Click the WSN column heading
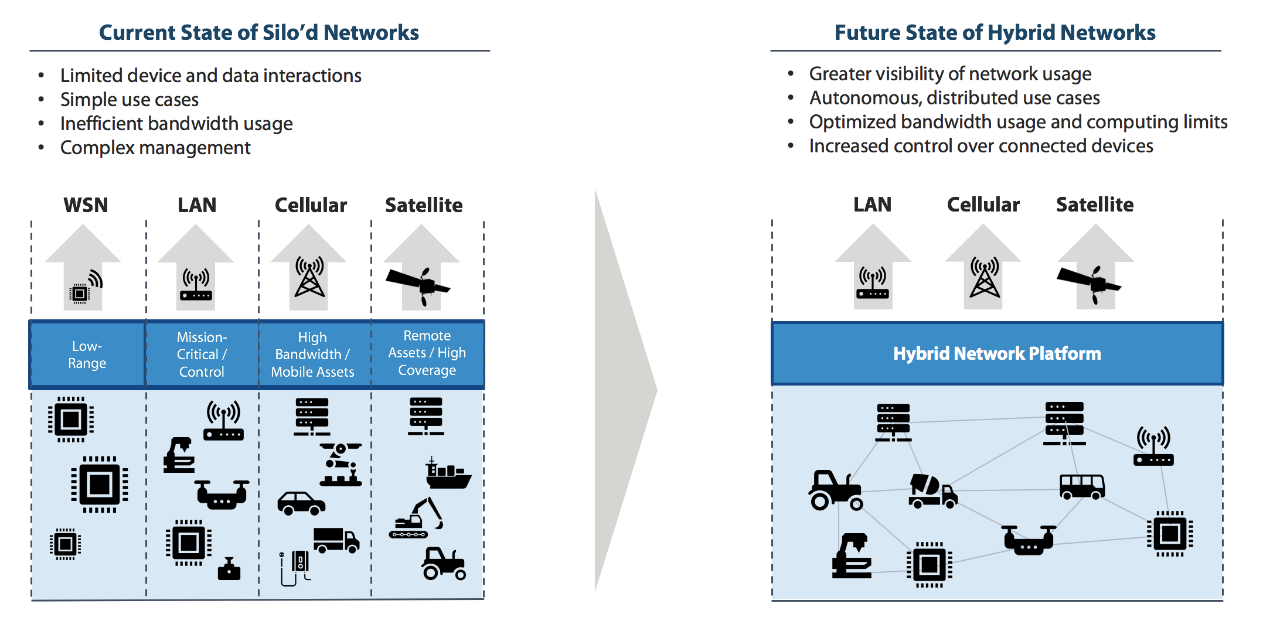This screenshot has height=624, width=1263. click(86, 205)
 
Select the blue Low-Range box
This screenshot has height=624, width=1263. click(87, 354)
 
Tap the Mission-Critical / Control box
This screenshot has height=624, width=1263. click(202, 354)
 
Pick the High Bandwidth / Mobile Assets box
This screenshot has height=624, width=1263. click(312, 354)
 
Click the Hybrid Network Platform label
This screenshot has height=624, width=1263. click(997, 353)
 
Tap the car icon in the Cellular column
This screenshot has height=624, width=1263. click(301, 503)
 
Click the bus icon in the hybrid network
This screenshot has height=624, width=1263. click(1082, 486)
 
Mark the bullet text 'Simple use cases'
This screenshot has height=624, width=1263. click(130, 100)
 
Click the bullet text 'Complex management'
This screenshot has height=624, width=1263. click(155, 148)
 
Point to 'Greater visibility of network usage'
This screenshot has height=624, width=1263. click(950, 74)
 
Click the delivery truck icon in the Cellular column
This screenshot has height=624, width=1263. click(336, 540)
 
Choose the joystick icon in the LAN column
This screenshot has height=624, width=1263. click(229, 569)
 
